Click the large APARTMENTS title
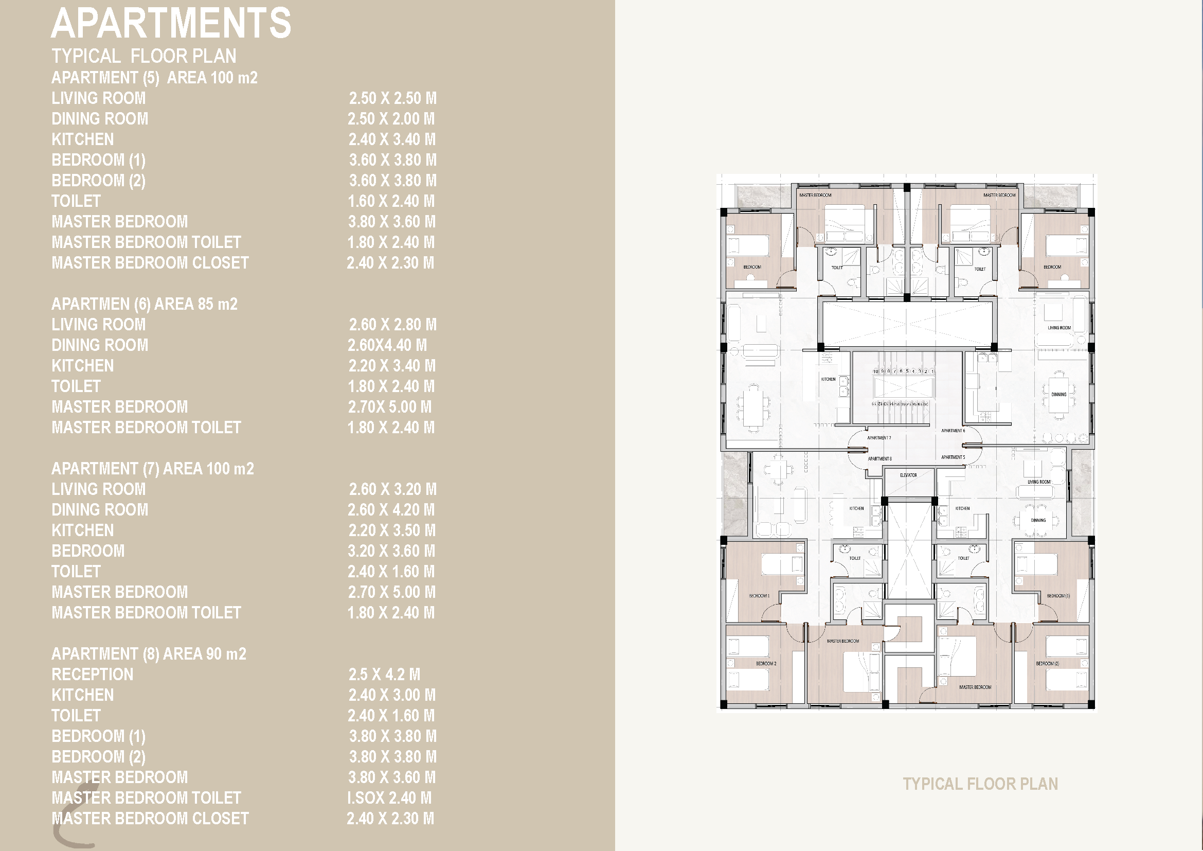click(171, 24)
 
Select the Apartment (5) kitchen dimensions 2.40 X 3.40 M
click(392, 139)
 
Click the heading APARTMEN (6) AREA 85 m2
click(145, 304)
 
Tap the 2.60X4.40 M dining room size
click(387, 345)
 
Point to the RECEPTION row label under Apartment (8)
click(92, 675)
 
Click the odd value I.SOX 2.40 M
click(389, 798)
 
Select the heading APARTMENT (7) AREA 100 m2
click(152, 469)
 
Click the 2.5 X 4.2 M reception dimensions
click(384, 675)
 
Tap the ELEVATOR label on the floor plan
click(908, 475)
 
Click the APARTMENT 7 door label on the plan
click(878, 437)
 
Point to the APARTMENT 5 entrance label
click(953, 457)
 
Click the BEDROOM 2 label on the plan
click(765, 663)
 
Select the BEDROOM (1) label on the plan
click(1058, 596)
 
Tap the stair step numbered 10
click(875, 371)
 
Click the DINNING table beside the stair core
click(1058, 395)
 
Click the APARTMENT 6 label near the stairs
click(953, 431)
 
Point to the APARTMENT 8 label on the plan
click(879, 458)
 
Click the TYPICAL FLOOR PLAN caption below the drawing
click(980, 784)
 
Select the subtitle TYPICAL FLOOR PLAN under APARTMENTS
click(143, 56)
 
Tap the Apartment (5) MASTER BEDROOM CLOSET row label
click(150, 262)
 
